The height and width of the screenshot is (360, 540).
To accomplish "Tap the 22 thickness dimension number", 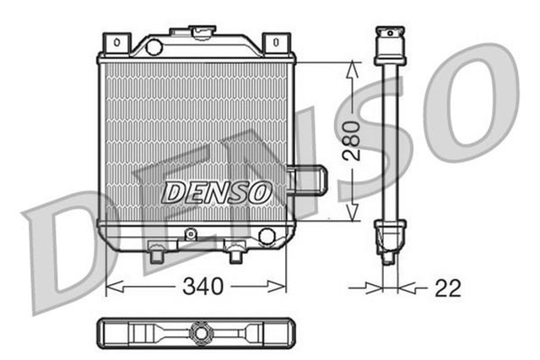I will coord(448,288).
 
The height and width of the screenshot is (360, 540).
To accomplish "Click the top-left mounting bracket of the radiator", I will coord(116,42).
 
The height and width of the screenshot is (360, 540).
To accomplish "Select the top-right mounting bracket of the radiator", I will coord(276,42).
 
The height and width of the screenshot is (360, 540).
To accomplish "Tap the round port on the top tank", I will coord(154,47).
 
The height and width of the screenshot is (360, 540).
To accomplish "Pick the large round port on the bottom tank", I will coord(267,235).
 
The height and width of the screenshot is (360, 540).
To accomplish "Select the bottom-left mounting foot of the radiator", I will coord(156,250).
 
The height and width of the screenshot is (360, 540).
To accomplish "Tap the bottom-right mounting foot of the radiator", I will coord(235,250).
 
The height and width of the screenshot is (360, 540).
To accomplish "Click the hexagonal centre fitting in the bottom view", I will coord(200,332).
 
